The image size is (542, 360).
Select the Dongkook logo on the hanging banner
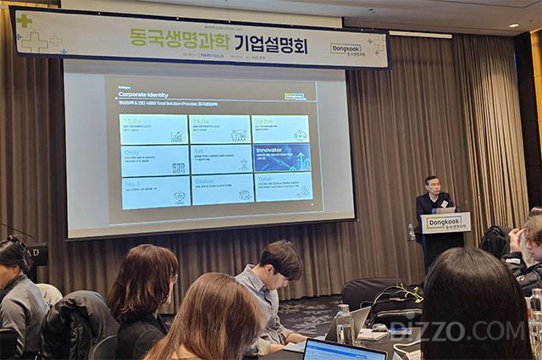pyautogui.click(x=346, y=49)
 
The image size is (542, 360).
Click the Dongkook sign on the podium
pyautogui.click(x=445, y=223)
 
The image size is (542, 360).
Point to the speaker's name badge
pyautogui.click(x=444, y=203)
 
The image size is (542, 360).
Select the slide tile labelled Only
pyautogui.click(x=154, y=160)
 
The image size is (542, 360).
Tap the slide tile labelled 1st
pyautogui.click(x=220, y=158)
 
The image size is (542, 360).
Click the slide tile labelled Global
pyautogui.click(x=221, y=189)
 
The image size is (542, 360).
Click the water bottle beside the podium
pyautogui.click(x=412, y=232)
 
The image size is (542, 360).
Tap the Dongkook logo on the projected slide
pyautogui.click(x=294, y=97)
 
